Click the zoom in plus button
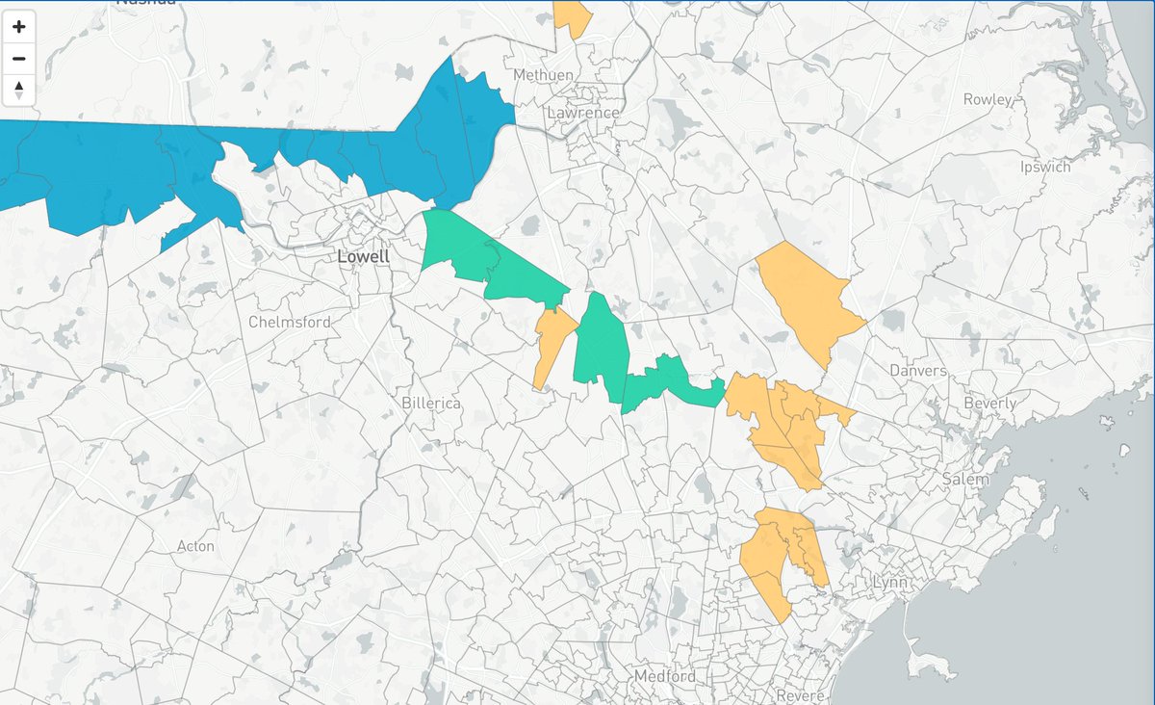[x=19, y=27]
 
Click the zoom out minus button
[x=19, y=59]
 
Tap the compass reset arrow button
[x=19, y=91]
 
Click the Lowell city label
[x=364, y=257]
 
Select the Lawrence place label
[x=583, y=113]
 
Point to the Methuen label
[x=544, y=75]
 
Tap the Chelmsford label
[x=290, y=322]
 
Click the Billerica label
[x=432, y=404]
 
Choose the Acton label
[x=195, y=546]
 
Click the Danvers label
[x=917, y=371]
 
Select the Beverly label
[x=990, y=404]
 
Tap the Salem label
[x=966, y=479]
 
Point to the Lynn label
[x=890, y=583]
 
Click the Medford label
[x=664, y=676]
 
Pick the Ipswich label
[x=1045, y=167]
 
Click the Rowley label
[x=988, y=99]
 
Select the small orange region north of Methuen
[x=574, y=16]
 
